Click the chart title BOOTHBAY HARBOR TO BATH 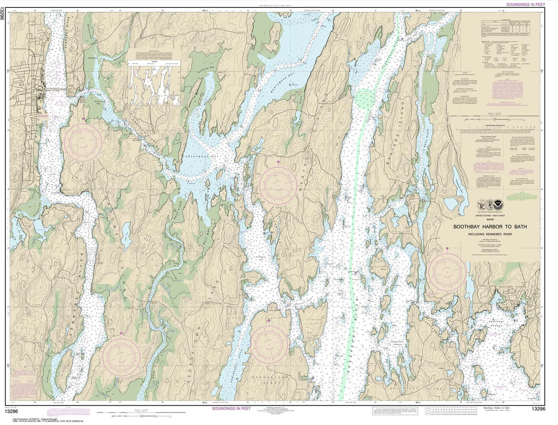[490, 227]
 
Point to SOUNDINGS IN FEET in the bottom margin [233, 408]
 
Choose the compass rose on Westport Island [278, 185]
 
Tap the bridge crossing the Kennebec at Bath [52, 89]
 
